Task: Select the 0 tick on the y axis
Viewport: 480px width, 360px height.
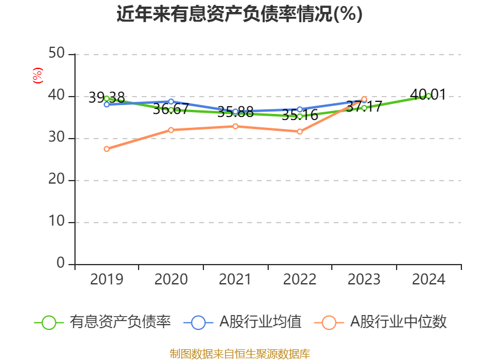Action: tap(61, 264)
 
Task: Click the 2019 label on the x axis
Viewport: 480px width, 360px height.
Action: tap(106, 280)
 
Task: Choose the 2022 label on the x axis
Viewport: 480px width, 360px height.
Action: tap(299, 280)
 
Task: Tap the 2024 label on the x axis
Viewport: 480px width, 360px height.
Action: tap(428, 280)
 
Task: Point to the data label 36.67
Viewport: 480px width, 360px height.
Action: tap(171, 109)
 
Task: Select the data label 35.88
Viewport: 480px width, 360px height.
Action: tap(235, 112)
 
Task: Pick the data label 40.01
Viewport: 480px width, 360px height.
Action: tap(428, 94)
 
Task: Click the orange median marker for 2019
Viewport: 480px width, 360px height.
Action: tap(106, 149)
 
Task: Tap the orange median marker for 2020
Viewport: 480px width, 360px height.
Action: tap(171, 130)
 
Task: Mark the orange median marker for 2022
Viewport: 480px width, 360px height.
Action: tap(299, 131)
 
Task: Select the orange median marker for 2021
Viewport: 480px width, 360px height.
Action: tap(235, 126)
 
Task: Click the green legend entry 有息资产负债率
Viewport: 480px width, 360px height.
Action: tap(103, 322)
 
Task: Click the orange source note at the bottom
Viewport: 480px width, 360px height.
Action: tap(239, 353)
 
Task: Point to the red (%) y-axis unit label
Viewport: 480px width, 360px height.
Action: tap(37, 75)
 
